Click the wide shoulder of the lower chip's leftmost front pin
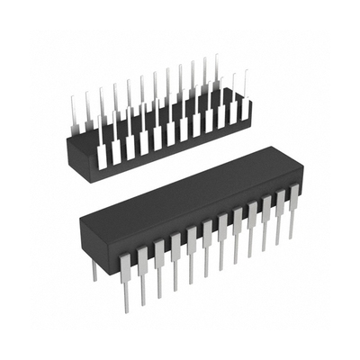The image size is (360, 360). pos(127,260)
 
